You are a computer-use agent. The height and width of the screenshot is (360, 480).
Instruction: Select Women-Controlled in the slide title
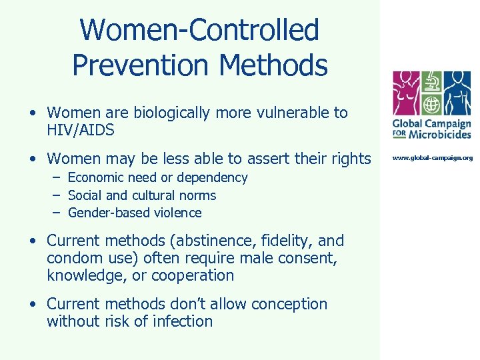199,30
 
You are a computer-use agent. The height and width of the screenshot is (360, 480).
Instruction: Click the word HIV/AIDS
81,130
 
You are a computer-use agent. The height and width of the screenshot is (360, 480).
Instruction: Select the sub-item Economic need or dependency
157,178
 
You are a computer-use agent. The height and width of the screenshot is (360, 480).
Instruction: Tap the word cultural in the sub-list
152,195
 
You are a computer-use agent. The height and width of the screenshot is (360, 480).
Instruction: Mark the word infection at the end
184,321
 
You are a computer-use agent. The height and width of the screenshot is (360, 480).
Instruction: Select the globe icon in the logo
432,105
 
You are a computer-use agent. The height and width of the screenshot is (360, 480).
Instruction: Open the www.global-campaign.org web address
432,158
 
